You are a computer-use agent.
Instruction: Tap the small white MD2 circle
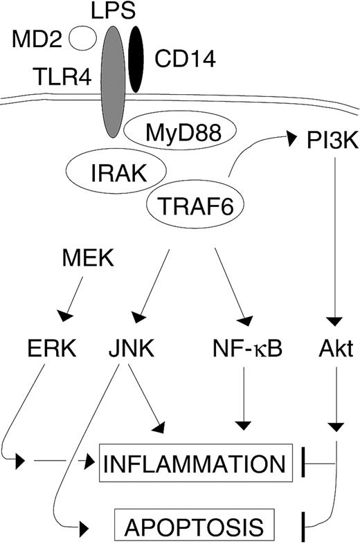[x=84, y=39]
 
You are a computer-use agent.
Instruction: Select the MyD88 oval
[x=179, y=129]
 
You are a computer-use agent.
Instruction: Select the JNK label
[x=130, y=350]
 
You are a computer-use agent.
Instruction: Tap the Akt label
[x=336, y=350]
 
